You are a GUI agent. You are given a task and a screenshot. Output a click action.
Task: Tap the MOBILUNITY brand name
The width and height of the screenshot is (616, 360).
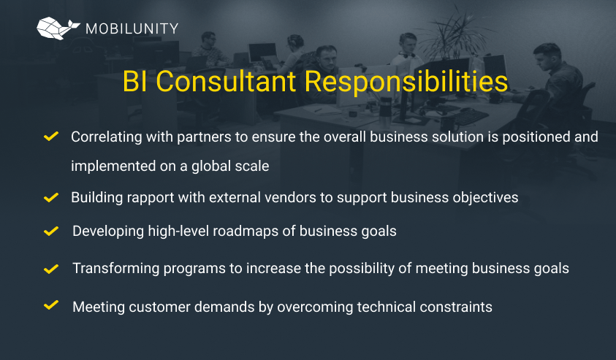pyautogui.click(x=132, y=28)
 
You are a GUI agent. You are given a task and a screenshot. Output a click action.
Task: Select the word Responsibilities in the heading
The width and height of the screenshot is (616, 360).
pyautogui.click(x=406, y=82)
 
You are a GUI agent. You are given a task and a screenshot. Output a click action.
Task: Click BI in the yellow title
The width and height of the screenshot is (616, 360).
pyautogui.click(x=134, y=82)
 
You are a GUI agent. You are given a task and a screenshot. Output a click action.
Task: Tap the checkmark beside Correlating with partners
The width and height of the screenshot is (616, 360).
pyautogui.click(x=51, y=137)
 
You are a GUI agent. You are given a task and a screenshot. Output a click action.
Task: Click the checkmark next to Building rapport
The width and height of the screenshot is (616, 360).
pyautogui.click(x=51, y=197)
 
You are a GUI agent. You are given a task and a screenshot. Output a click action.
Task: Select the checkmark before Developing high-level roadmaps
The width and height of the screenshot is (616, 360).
pyautogui.click(x=51, y=231)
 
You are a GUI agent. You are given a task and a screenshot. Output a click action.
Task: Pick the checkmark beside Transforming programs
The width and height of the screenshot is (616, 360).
pyautogui.click(x=51, y=269)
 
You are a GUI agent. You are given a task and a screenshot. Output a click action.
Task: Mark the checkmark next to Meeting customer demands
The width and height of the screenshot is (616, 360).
pyautogui.click(x=51, y=305)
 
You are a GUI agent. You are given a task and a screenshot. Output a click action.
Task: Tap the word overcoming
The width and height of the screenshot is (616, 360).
pyautogui.click(x=315, y=307)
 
